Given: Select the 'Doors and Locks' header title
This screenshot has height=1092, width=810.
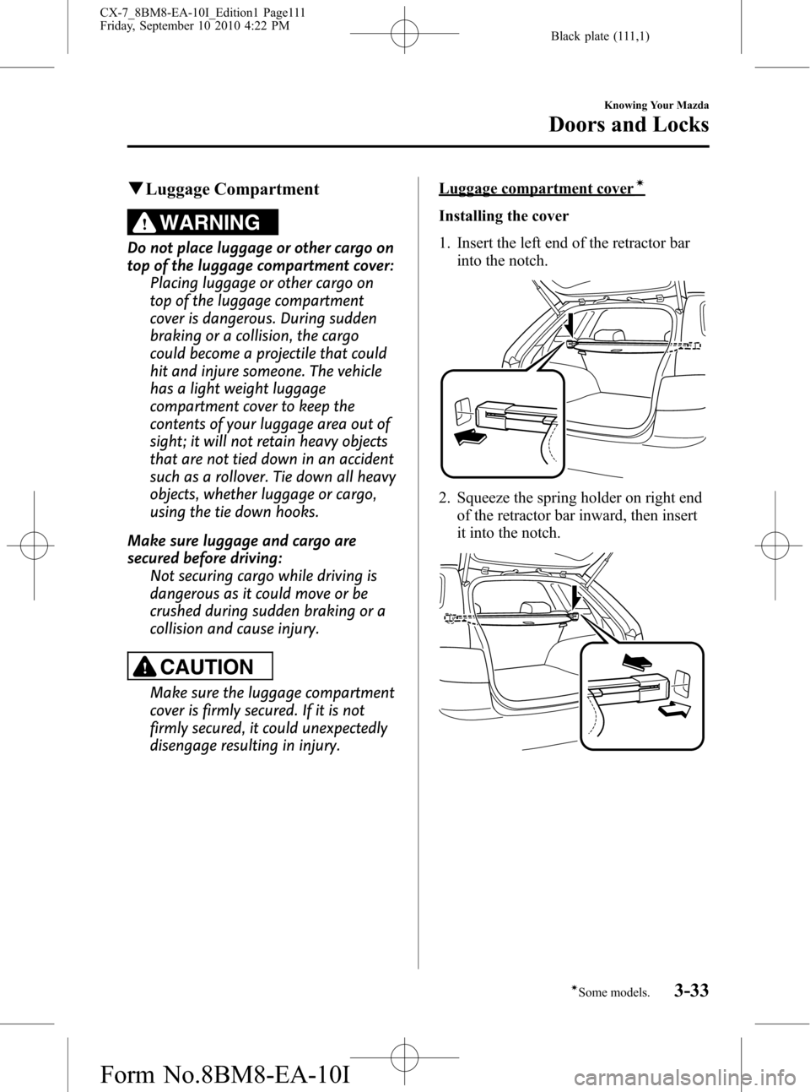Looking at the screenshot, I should pos(628,124).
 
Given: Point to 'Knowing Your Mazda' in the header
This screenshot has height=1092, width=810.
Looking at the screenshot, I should pos(655,106).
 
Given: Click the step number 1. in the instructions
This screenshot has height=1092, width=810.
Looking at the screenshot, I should pos(445,243).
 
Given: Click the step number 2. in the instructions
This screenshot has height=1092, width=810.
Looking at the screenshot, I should pos(445,497).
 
